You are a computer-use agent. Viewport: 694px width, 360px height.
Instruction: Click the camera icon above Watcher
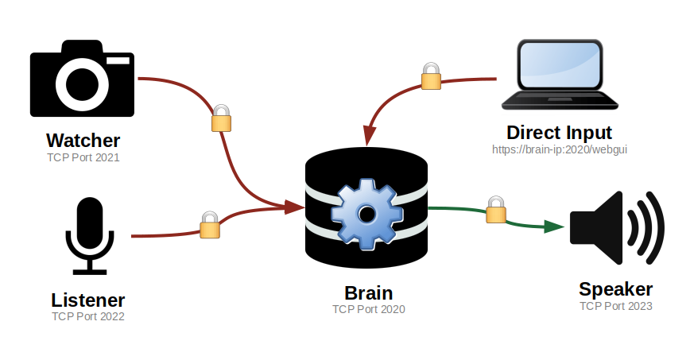[82, 82]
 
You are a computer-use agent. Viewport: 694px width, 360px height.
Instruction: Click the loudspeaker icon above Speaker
[616, 227]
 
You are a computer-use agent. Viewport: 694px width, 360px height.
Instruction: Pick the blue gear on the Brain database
[366, 212]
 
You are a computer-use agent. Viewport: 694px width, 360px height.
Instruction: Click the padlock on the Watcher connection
[221, 118]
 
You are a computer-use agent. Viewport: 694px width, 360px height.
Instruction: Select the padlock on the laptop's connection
[430, 76]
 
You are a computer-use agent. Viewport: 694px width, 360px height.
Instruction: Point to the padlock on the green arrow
[496, 209]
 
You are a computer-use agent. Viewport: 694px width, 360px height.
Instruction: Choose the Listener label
[88, 300]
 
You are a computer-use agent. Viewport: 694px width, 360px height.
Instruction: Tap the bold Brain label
[368, 292]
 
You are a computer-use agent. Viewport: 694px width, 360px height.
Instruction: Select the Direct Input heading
[559, 132]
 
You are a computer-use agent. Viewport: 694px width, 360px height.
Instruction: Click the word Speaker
[615, 289]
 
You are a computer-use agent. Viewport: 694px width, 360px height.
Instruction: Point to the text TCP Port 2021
[83, 157]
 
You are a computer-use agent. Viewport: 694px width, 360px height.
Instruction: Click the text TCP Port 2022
[88, 316]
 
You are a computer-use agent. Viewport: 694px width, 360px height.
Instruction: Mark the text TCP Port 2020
[368, 309]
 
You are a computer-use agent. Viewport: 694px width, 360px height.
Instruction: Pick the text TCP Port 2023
[615, 306]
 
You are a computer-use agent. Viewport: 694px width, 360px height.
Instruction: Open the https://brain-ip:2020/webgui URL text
[559, 149]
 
